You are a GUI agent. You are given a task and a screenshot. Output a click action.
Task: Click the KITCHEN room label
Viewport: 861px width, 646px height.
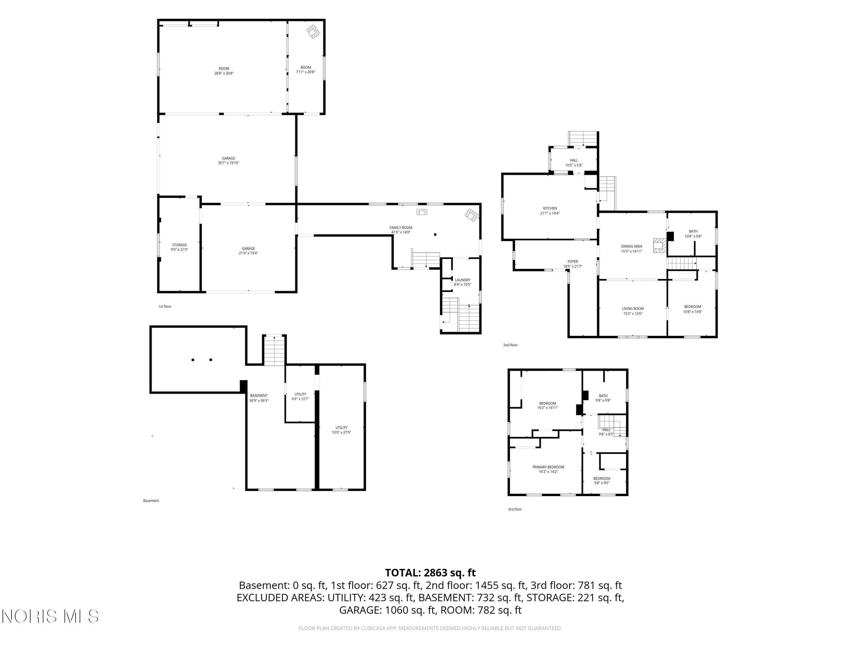click(550, 208)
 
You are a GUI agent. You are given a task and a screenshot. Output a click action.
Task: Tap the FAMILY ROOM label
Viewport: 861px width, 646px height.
click(401, 228)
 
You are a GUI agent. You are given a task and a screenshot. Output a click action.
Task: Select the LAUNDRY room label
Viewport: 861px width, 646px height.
click(462, 280)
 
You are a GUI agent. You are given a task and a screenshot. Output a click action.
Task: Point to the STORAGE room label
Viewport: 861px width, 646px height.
click(179, 245)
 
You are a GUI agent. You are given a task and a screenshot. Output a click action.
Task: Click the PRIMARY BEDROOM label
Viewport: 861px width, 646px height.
click(548, 467)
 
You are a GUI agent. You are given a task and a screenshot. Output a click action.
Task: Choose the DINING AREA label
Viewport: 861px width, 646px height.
click(632, 246)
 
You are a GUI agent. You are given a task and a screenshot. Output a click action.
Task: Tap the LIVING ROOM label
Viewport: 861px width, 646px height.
click(633, 309)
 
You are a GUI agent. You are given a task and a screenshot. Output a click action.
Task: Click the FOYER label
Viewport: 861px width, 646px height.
click(573, 262)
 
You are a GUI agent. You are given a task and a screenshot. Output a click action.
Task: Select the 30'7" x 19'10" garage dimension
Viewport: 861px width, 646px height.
click(228, 163)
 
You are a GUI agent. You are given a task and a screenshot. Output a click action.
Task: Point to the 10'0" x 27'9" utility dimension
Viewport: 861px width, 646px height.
click(341, 432)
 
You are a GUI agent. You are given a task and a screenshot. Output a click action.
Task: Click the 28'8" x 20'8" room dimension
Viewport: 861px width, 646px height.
click(224, 73)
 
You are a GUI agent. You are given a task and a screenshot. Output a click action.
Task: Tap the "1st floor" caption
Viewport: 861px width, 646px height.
click(165, 306)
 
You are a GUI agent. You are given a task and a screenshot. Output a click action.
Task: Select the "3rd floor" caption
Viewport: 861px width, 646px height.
click(515, 509)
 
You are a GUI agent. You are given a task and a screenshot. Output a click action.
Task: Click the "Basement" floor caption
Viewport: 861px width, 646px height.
click(151, 501)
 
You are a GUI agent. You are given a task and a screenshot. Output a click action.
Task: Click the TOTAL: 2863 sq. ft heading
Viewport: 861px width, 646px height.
click(430, 573)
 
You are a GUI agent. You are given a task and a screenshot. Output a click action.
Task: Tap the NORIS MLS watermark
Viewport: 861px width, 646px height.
click(50, 616)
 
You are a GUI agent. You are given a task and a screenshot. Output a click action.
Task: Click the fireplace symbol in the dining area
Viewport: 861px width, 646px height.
click(659, 245)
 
